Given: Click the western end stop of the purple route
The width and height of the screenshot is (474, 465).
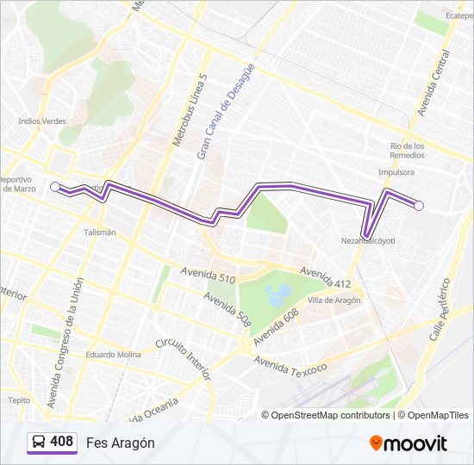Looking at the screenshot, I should [x=55, y=186].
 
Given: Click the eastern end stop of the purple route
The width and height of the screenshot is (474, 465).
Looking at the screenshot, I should [x=419, y=205].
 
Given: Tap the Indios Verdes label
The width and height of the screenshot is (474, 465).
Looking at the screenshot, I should [x=41, y=121].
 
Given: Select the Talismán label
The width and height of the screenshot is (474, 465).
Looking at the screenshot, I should [x=100, y=232].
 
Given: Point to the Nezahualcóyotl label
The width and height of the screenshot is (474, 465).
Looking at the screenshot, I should [x=367, y=241].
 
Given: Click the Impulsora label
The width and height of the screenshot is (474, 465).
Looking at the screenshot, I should [x=396, y=172].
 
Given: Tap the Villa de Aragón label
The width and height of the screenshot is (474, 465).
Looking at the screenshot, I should [x=334, y=300].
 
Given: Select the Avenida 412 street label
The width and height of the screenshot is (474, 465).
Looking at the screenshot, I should [x=326, y=277].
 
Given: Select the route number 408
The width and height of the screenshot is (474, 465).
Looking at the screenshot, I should [x=61, y=442].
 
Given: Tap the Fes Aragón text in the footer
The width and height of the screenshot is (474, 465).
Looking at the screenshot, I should [x=120, y=443].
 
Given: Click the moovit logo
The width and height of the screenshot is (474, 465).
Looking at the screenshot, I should [x=409, y=443].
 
